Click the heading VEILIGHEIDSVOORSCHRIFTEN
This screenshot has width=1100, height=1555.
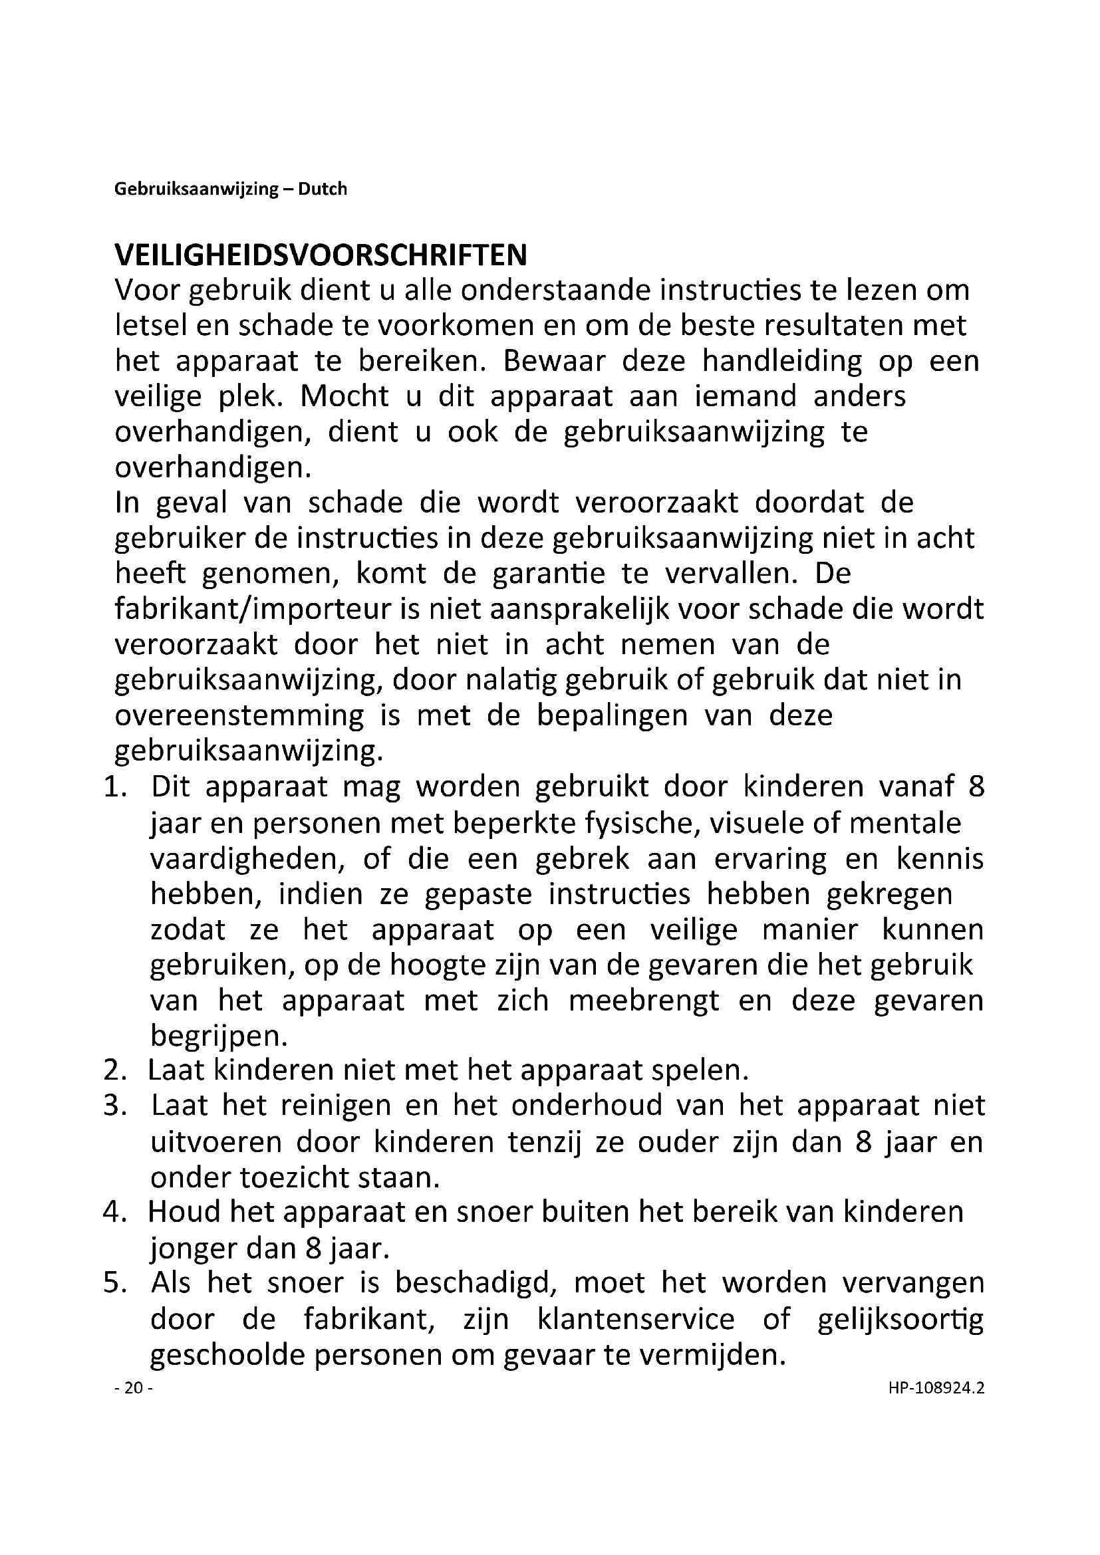click(321, 256)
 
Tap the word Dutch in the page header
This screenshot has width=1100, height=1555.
click(323, 189)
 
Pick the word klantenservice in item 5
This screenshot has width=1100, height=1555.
click(635, 1318)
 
